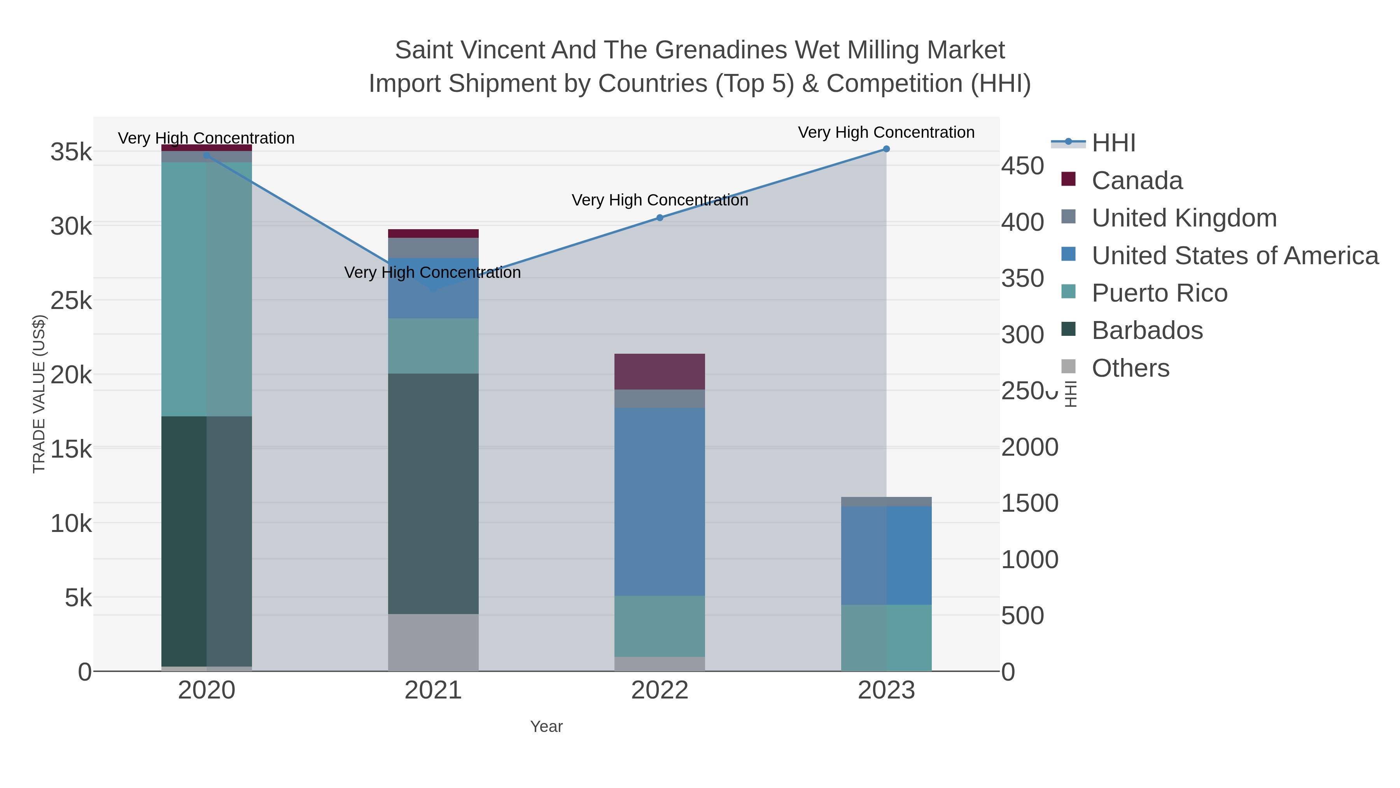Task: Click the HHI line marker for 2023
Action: (886, 149)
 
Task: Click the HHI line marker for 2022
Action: (659, 218)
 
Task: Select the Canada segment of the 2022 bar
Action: (659, 372)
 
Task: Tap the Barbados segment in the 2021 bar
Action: (433, 493)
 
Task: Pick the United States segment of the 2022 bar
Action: (659, 502)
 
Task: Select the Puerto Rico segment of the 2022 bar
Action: (659, 626)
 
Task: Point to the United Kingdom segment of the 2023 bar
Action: (886, 502)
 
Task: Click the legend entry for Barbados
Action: (1147, 331)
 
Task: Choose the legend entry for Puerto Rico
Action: (1159, 293)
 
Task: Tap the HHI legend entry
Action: (1113, 143)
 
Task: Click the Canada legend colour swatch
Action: (1068, 179)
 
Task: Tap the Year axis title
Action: (546, 727)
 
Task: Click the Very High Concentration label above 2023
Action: (886, 132)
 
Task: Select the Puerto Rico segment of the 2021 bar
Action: (433, 346)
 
